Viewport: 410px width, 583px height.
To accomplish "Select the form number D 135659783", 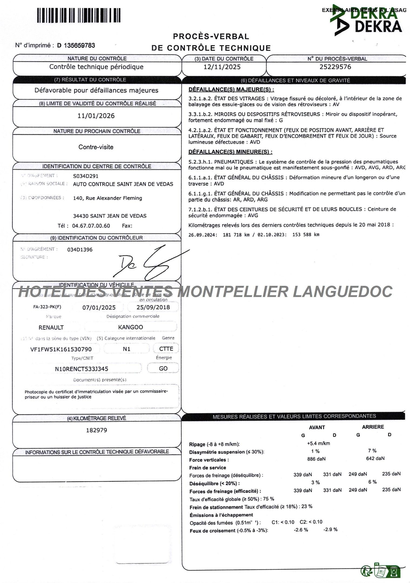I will (x=76, y=45).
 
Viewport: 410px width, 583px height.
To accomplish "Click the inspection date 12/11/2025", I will (x=222, y=67).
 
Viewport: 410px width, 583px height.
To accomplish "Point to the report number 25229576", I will (x=335, y=67).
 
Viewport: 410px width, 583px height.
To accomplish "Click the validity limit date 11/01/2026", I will (x=96, y=116).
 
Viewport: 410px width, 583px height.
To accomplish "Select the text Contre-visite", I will (x=96, y=147).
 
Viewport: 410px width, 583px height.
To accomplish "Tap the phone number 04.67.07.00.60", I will (x=91, y=226).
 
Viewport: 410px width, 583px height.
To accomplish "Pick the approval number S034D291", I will (x=86, y=176).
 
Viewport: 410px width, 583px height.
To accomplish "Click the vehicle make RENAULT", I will (x=51, y=327).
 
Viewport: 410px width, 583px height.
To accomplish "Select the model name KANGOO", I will (x=131, y=327).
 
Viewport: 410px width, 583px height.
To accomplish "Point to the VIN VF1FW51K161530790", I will (x=61, y=349).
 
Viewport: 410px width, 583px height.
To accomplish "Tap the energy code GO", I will (x=163, y=368).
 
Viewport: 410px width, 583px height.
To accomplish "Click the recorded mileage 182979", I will (x=96, y=430).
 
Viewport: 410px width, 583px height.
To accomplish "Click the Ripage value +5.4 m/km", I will (x=318, y=443).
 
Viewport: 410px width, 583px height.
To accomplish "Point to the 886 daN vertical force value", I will (x=316, y=459).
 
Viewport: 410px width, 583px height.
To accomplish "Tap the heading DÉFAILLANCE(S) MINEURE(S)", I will (x=230, y=152).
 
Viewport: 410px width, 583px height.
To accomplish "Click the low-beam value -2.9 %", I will (x=330, y=529).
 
